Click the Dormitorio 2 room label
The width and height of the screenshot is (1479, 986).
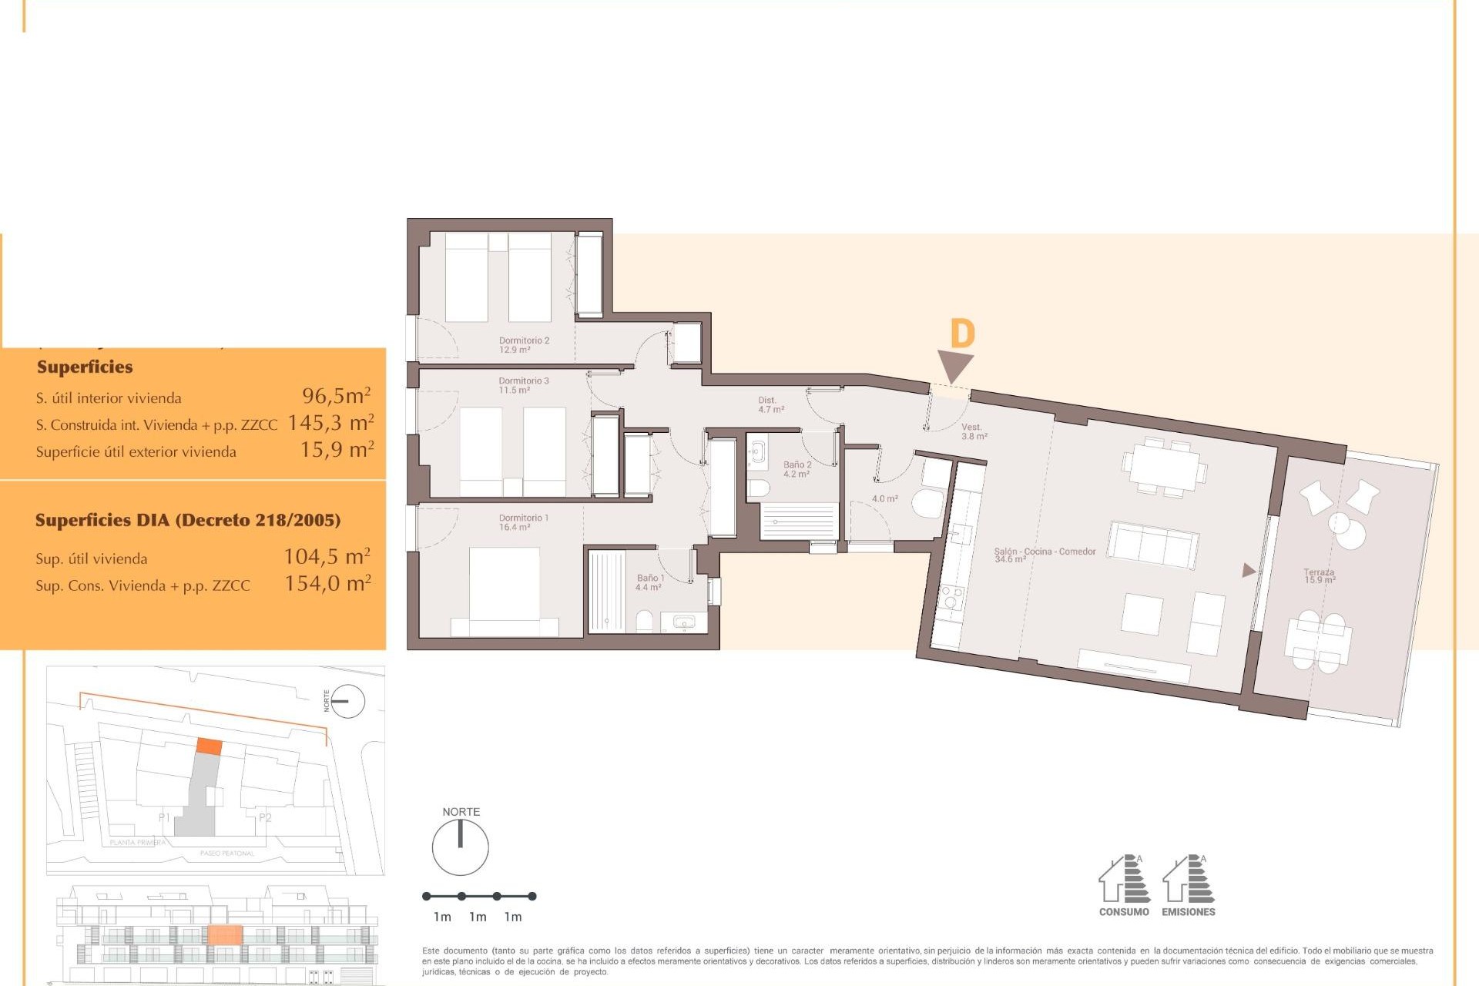point(524,344)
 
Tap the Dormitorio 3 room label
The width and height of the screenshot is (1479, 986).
point(524,385)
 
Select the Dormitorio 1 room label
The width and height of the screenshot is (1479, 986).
point(523,522)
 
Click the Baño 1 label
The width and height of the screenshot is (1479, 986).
point(649,582)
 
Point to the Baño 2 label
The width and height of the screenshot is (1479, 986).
point(797,469)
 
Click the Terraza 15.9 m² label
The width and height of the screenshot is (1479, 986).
point(1319,575)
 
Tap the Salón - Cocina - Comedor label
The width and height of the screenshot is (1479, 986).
point(1044,555)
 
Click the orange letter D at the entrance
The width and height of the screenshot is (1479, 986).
point(962,334)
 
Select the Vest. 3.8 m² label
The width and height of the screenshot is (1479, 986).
point(973,431)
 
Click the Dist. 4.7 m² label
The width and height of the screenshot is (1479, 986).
point(770,404)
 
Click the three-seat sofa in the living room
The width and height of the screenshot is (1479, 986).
point(1152,544)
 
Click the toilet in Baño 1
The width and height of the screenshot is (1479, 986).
point(646,621)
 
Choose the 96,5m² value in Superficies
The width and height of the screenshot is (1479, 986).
point(336,396)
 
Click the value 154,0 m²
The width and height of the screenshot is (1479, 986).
point(327,583)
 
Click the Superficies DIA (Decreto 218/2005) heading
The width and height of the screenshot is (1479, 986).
point(188,520)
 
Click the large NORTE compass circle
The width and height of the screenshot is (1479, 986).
point(460,847)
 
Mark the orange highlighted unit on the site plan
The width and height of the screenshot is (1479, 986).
point(209,746)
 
